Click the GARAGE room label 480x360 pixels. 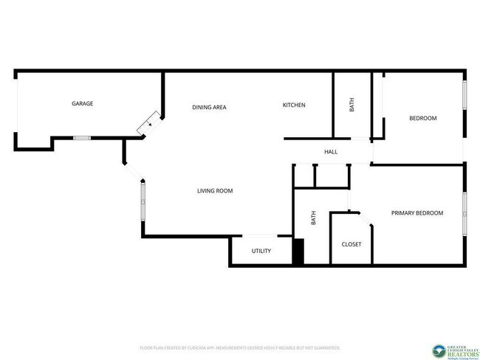click(82, 104)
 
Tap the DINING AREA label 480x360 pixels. click(209, 108)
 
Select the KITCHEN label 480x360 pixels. click(294, 105)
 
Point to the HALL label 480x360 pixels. click(331, 153)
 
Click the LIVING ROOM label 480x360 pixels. click(215, 191)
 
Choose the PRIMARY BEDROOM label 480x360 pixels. click(417, 213)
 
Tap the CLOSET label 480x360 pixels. click(352, 244)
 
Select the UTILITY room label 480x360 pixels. click(261, 252)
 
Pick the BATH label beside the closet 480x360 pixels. click(313, 218)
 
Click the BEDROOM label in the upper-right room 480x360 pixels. click(423, 119)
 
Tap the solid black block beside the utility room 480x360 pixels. click(298, 252)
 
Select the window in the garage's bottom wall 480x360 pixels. click(82, 138)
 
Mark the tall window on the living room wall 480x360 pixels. click(143, 203)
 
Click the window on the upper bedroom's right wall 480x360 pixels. click(464, 95)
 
